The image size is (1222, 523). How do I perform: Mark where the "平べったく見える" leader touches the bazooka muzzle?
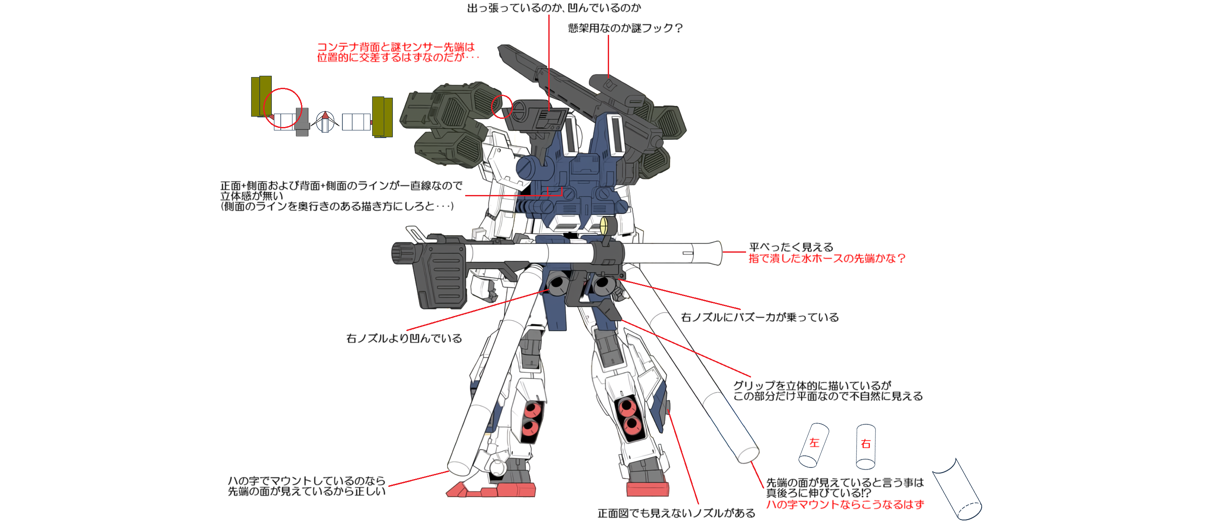point(722,252)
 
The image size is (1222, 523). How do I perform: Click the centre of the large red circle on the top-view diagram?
point(283,108)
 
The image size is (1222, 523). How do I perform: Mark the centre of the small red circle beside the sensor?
point(501,106)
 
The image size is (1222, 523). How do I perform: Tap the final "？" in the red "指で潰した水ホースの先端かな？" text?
point(902,258)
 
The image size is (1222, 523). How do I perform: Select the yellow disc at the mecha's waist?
point(604,226)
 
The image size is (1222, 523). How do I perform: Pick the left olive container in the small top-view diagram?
point(261,96)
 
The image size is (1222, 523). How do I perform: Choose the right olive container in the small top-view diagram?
point(382,117)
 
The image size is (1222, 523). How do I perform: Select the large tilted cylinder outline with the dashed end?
point(957,489)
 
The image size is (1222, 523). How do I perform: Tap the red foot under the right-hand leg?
point(647,489)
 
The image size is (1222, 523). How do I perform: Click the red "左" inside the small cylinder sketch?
point(814,443)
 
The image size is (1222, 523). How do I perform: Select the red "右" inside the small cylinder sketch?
point(866,444)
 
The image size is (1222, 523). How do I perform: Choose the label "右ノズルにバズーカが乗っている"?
point(760,317)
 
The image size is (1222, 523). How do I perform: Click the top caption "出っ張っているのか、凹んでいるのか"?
point(554,8)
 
